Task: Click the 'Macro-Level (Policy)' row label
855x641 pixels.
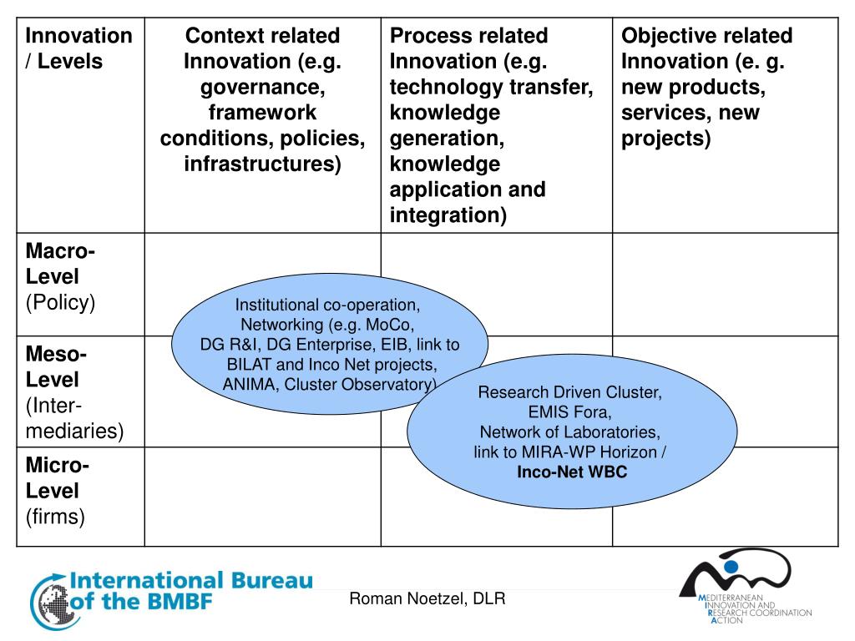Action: point(60,276)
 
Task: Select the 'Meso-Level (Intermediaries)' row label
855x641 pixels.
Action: point(73,392)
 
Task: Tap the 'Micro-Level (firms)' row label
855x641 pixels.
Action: point(57,491)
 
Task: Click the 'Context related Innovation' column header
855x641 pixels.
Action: point(262,99)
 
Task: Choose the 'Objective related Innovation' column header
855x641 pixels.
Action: point(706,87)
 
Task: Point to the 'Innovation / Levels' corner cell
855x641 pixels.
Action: point(78,48)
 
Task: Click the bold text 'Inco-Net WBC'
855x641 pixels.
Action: point(572,472)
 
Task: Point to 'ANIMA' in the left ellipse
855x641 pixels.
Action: point(249,384)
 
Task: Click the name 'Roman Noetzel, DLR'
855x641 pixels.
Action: point(427,598)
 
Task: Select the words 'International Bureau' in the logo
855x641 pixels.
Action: point(191,581)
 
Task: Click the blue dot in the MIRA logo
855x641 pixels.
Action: point(732,567)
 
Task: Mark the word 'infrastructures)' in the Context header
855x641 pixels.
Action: point(262,164)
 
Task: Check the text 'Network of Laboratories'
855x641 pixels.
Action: point(570,432)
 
